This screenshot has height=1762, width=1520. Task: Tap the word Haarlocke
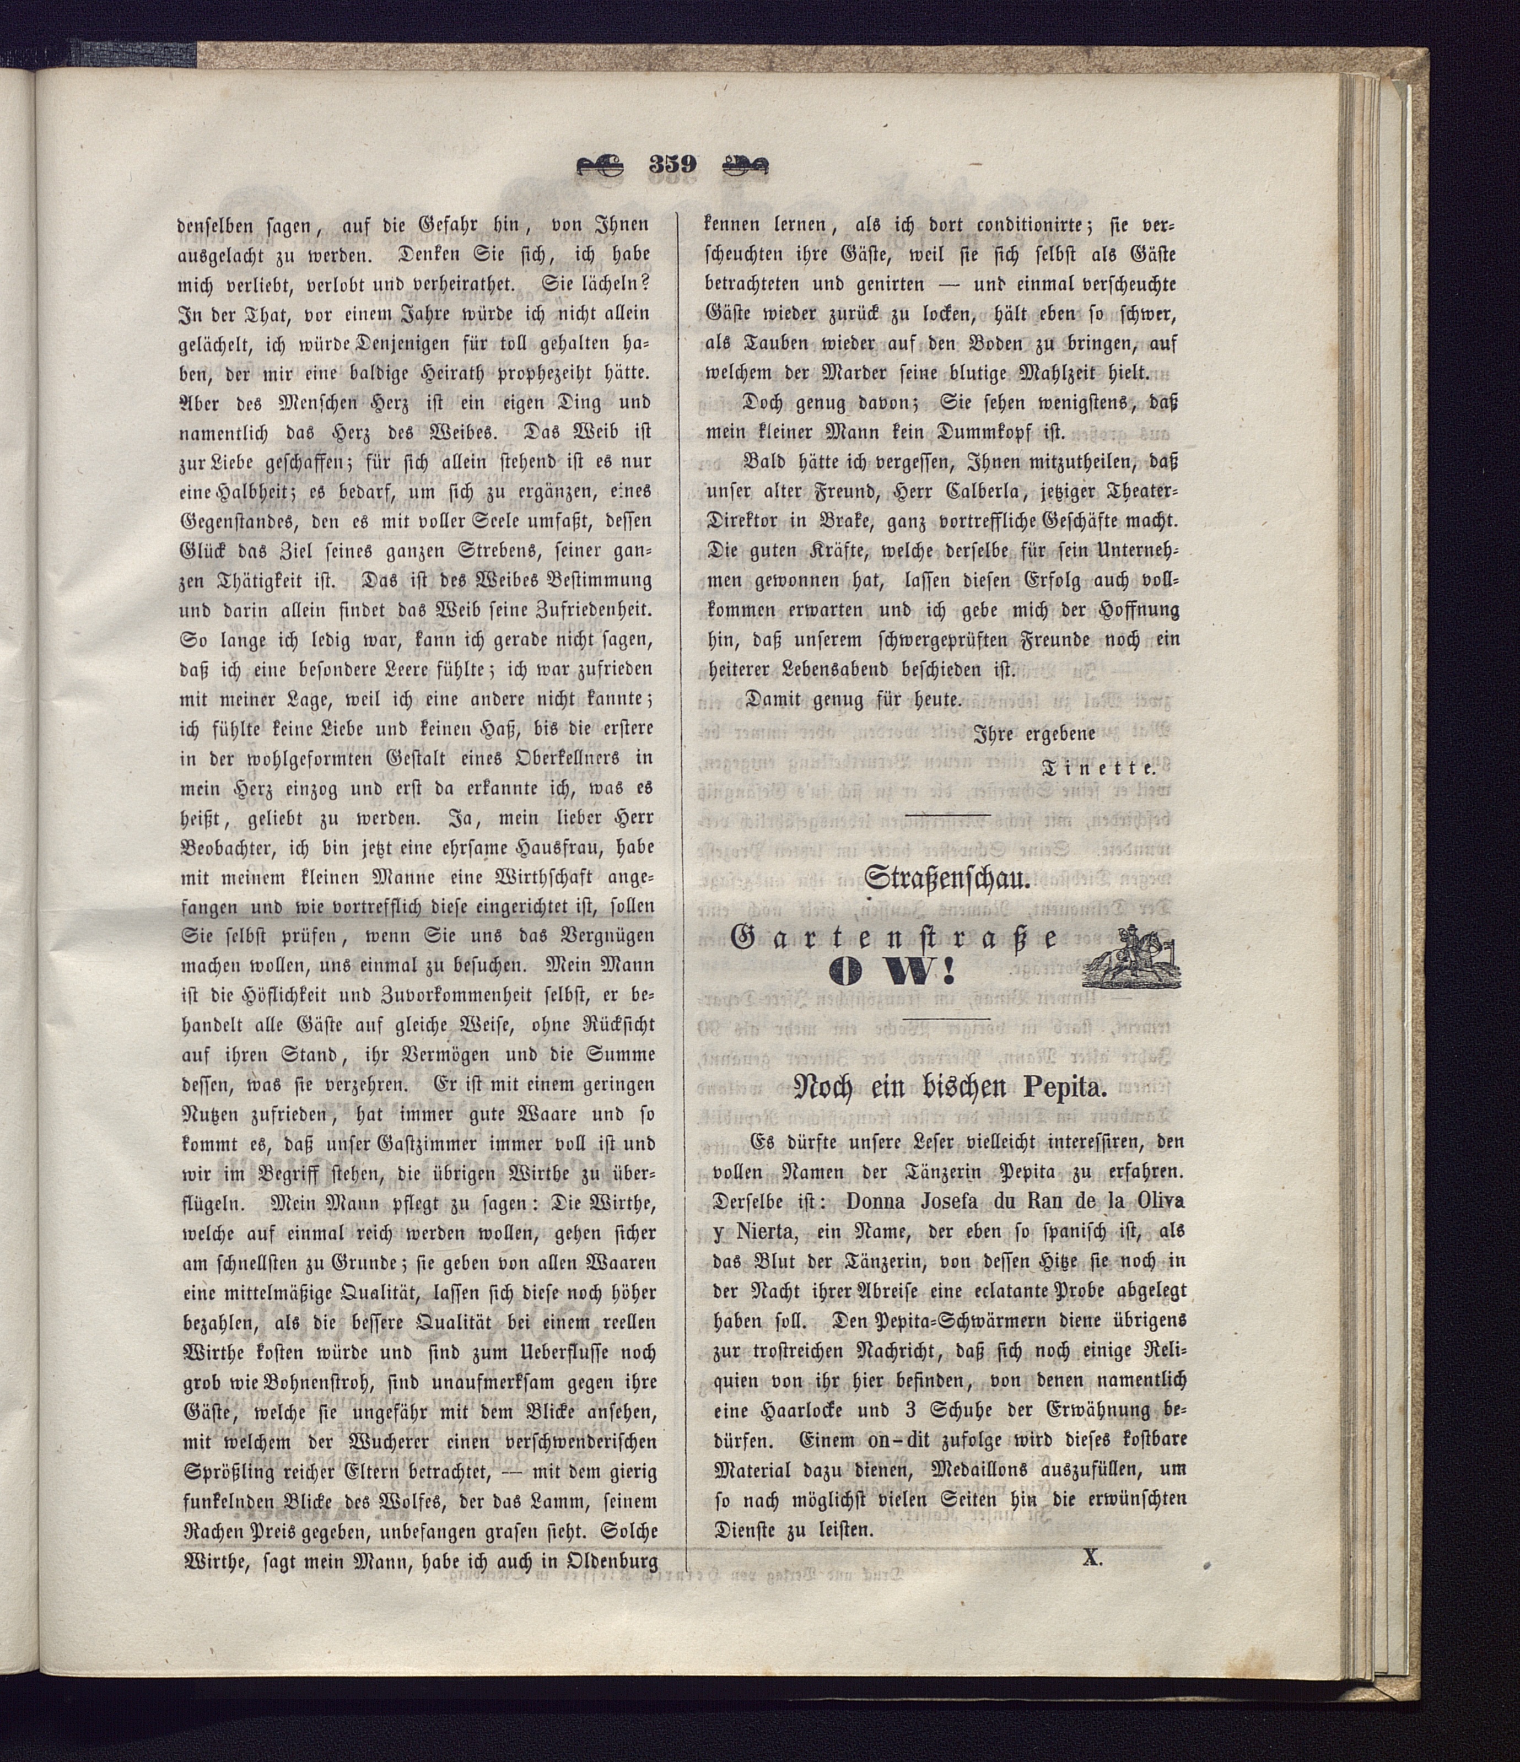click(x=797, y=1410)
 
